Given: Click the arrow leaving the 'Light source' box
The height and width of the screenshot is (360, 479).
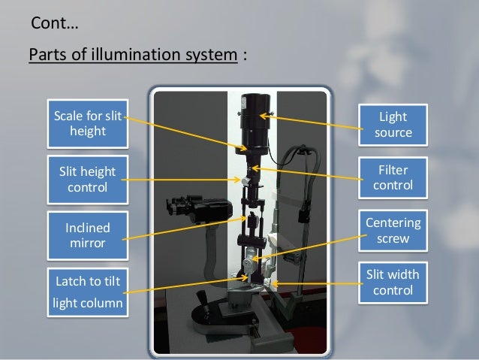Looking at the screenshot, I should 315,119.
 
